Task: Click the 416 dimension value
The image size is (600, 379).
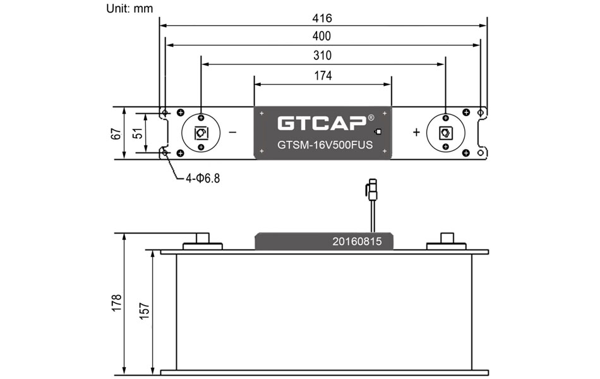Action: point(322,18)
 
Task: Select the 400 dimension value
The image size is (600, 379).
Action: point(322,37)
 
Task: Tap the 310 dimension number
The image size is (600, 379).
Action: point(322,56)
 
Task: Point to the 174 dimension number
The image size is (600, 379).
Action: point(322,75)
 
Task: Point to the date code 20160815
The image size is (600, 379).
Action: point(357,241)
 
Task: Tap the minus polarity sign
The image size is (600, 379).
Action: point(232,133)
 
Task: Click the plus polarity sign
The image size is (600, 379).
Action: point(416,133)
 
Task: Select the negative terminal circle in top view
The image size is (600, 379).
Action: point(200,133)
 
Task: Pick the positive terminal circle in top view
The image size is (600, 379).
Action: point(445,133)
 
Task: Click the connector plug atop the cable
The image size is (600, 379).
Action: point(372,188)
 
